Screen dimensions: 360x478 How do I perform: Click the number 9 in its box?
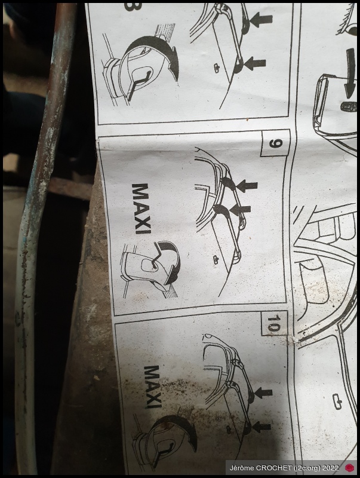tap(276, 143)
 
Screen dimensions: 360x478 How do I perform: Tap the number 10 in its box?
tap(273, 323)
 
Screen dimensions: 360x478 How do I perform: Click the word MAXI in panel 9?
tap(141, 209)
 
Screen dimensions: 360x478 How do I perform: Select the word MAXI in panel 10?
tap(153, 387)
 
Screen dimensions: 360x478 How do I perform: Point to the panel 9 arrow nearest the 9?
tap(247, 185)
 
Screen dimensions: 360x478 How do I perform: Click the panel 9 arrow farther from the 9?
tap(239, 209)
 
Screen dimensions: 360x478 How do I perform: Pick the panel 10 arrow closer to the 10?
tap(262, 393)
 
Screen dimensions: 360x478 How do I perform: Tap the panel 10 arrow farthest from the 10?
tap(261, 427)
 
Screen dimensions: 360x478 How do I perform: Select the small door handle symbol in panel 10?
tap(229, 430)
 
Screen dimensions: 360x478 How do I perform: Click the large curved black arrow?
tap(350, 73)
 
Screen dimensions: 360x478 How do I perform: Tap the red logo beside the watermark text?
tap(350, 467)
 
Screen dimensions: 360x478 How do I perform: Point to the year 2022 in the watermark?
tap(331, 468)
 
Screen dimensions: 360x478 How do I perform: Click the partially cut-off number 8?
tap(130, 7)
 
